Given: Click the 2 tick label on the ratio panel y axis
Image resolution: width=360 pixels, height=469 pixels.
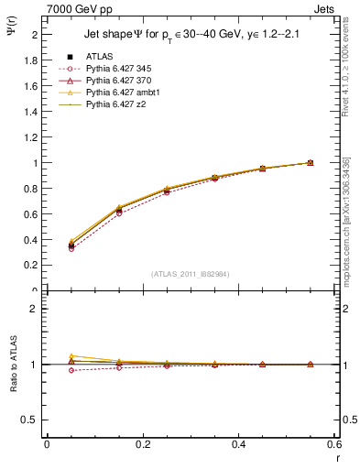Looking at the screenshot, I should [x=36, y=309].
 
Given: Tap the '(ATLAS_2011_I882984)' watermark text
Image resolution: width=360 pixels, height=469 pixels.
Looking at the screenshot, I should [x=190, y=274].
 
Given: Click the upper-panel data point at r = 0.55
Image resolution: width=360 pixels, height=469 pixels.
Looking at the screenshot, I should [x=310, y=163].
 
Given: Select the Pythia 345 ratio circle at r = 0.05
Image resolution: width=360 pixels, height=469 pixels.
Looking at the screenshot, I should [x=71, y=370].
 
